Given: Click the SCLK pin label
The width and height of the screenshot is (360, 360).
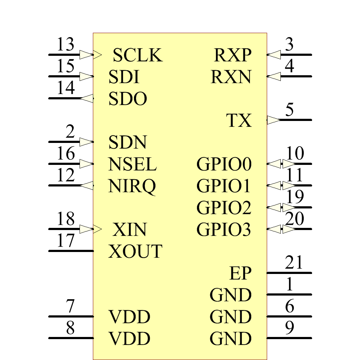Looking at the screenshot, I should pyautogui.click(x=138, y=55).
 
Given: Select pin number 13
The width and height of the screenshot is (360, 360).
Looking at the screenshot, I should pyautogui.click(x=66, y=45).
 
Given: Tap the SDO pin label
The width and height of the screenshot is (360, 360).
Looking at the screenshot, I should pyautogui.click(x=128, y=99).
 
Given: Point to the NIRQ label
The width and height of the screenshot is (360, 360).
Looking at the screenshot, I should pyautogui.click(x=132, y=186).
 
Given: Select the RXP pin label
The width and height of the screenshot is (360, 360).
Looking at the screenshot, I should pyautogui.click(x=233, y=55).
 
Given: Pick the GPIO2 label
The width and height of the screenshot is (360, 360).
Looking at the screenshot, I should pyautogui.click(x=224, y=208).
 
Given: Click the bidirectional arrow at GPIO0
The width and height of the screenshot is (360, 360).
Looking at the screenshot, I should pyautogui.click(x=282, y=164).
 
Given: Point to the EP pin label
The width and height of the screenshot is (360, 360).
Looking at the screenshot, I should pyautogui.click(x=240, y=274).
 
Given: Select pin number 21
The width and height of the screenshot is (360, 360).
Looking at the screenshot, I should pyautogui.click(x=294, y=263).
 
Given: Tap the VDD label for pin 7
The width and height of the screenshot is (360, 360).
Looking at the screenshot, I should pyautogui.click(x=130, y=317).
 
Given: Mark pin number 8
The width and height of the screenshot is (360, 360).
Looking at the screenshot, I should pyautogui.click(x=71, y=328).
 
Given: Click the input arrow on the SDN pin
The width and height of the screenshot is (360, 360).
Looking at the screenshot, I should pyautogui.click(x=86, y=142).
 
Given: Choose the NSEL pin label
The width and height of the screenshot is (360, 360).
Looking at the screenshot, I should pyautogui.click(x=132, y=165).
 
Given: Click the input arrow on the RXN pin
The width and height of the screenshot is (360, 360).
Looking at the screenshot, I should pyautogui.click(x=274, y=76).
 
